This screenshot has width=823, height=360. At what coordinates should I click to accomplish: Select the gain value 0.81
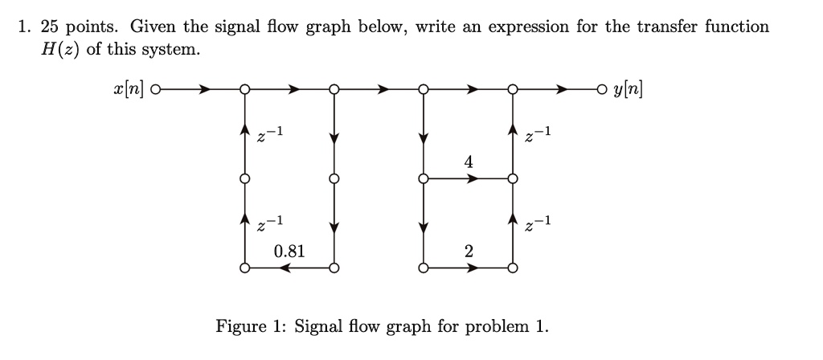pyautogui.click(x=289, y=251)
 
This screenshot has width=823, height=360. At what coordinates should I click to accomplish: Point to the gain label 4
pyautogui.click(x=468, y=163)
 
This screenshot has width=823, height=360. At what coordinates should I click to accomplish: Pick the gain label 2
pyautogui.click(x=468, y=252)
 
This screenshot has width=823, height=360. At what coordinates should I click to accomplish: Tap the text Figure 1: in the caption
pyautogui.click(x=251, y=326)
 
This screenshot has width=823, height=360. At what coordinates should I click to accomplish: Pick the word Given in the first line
pyautogui.click(x=154, y=27)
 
